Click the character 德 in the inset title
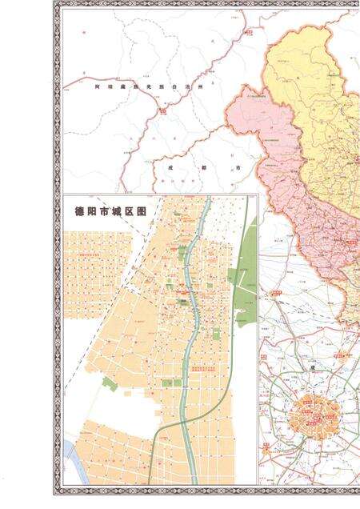70,212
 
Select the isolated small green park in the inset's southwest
110,384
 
